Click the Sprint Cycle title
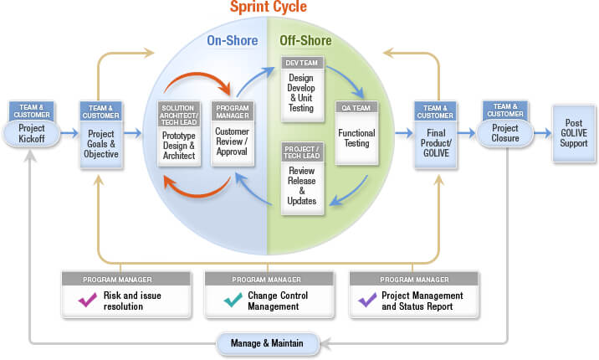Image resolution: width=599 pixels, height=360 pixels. pyautogui.click(x=269, y=8)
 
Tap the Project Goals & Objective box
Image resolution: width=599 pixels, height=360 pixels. pyautogui.click(x=102, y=142)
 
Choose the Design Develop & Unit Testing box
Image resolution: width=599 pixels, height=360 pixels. pyautogui.click(x=300, y=90)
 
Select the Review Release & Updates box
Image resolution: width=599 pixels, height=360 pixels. pyautogui.click(x=301, y=183)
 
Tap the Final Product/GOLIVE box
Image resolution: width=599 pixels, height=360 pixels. pyautogui.click(x=435, y=142)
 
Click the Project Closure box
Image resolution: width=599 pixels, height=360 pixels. pyautogui.click(x=505, y=133)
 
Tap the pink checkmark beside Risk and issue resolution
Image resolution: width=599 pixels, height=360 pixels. pyautogui.click(x=86, y=299)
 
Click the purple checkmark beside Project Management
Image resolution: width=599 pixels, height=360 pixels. pyautogui.click(x=366, y=299)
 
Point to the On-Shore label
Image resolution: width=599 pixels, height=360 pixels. pyautogui.click(x=232, y=40)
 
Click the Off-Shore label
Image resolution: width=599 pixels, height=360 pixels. pyautogui.click(x=304, y=40)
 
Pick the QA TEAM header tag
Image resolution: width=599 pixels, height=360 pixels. pyautogui.click(x=356, y=107)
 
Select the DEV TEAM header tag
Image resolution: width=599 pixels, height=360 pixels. pyautogui.click(x=300, y=63)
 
